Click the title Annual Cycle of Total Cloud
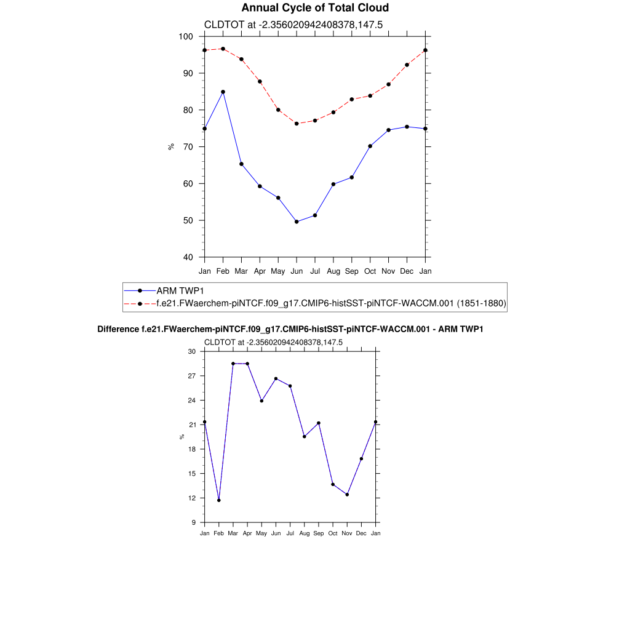[x=315, y=8]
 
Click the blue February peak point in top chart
[x=223, y=92]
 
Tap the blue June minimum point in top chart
[x=297, y=221]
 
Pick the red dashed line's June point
[x=297, y=124]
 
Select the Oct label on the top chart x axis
[x=370, y=271]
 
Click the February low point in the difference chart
[x=218, y=500]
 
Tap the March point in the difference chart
[x=233, y=364]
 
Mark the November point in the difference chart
[x=347, y=495]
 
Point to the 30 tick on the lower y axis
[x=191, y=352]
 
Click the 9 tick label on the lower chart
[x=193, y=522]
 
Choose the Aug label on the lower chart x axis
[x=304, y=533]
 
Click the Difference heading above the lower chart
[x=290, y=329]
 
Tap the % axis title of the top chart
[x=171, y=146]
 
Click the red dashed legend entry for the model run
[x=331, y=303]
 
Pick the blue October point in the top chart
[x=370, y=146]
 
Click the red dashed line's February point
[x=223, y=49]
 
